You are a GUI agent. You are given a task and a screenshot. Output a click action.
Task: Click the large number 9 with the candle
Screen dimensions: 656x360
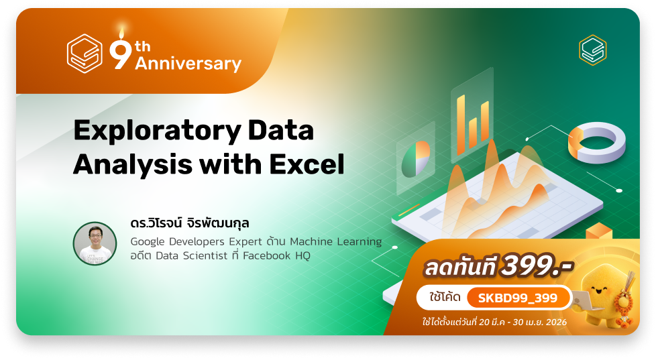pyautogui.click(x=121, y=52)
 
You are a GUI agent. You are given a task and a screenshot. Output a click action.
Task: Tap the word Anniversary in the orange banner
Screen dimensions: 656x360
pyautogui.click(x=188, y=64)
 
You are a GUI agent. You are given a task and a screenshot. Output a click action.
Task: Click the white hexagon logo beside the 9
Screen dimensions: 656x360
pyautogui.click(x=85, y=54)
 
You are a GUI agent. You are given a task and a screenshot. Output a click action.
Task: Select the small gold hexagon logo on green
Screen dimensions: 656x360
pyautogui.click(x=593, y=50)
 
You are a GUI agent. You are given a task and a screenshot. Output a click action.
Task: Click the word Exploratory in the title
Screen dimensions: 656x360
pyautogui.click(x=157, y=131)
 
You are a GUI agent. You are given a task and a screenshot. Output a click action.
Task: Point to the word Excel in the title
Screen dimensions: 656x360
pyautogui.click(x=307, y=164)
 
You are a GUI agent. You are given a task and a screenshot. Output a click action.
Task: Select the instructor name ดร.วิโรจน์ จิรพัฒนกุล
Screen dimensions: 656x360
pyautogui.click(x=190, y=223)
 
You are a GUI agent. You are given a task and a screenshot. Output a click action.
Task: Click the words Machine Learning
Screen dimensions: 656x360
pyautogui.click(x=336, y=241)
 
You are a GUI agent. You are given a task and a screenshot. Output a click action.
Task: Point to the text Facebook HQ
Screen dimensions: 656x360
pyautogui.click(x=276, y=255)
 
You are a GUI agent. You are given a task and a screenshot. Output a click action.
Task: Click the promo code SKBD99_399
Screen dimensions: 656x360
pyautogui.click(x=518, y=298)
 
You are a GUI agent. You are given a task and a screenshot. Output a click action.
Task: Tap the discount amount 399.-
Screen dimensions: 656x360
pyautogui.click(x=537, y=266)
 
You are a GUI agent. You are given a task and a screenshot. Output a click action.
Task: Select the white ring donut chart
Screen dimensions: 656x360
pyautogui.click(x=597, y=143)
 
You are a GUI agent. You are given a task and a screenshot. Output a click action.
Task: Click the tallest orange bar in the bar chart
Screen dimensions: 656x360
pyautogui.click(x=461, y=125)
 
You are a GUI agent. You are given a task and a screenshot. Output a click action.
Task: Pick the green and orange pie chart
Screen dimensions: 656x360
pyautogui.click(x=415, y=159)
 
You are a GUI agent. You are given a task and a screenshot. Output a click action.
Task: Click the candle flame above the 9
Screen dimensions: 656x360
pyautogui.click(x=122, y=32)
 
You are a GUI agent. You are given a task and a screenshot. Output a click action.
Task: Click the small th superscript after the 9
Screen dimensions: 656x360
pyautogui.click(x=143, y=46)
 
